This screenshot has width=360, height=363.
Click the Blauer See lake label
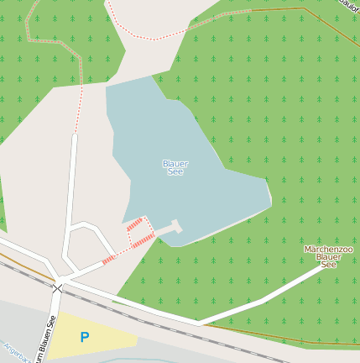[175, 167]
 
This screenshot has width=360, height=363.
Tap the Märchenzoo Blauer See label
[328, 257]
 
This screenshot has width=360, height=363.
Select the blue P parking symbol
[84, 337]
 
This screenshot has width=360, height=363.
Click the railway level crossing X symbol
[57, 288]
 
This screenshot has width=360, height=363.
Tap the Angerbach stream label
[17, 352]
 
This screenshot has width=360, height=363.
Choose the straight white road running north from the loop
[71, 185]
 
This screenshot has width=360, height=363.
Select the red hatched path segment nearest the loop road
[108, 259]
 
